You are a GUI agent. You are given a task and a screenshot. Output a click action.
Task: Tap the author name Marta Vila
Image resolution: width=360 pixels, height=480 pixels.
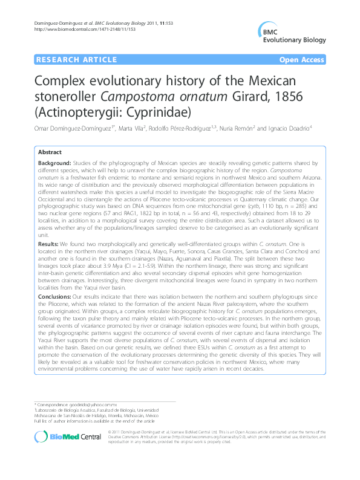142,129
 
